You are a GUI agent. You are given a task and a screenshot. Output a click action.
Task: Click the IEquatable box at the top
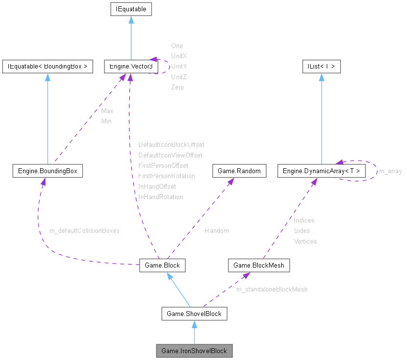point(131,9)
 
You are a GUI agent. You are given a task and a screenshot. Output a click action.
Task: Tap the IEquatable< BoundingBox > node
point(47,67)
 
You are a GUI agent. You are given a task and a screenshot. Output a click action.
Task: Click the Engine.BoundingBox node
point(47,171)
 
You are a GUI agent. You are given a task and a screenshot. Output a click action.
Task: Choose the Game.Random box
point(239,171)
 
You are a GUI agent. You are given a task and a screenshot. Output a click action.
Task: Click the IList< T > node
point(321,67)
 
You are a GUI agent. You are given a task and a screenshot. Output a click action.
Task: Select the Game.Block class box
point(162,265)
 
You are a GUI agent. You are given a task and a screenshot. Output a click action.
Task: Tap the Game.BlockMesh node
point(259,265)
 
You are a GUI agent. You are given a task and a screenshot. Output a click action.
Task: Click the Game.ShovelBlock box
point(194,314)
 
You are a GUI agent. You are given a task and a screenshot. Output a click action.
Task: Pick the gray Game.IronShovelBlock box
point(194,351)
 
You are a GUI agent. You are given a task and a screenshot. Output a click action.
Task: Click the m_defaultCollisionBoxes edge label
point(85,230)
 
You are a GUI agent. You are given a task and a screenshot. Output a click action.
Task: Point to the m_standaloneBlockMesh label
point(272,290)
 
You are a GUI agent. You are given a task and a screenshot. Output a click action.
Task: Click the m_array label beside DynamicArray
point(390,171)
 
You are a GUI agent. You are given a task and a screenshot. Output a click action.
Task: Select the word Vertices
point(305,241)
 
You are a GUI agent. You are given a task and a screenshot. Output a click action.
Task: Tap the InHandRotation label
point(160,197)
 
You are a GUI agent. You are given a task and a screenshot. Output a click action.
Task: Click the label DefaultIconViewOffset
point(170,155)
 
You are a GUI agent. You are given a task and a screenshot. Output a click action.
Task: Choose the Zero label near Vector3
point(178,87)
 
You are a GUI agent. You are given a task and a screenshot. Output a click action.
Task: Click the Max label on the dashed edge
point(107,111)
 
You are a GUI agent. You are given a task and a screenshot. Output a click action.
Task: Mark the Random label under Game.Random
point(217,230)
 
